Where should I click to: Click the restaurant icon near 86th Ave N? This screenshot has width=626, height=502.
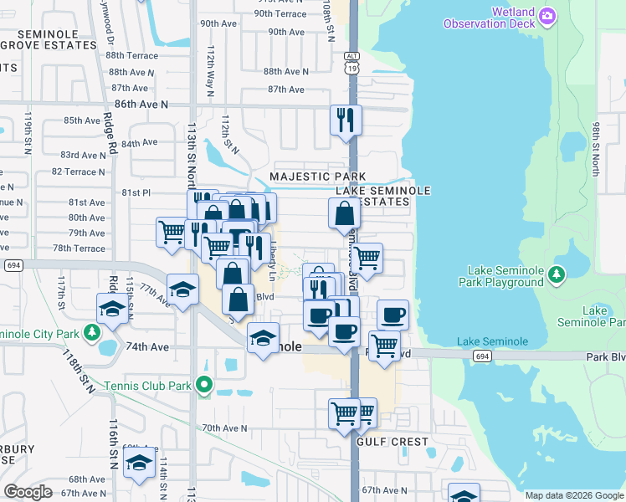point(345,120)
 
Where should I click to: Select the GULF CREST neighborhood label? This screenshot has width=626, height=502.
point(393,441)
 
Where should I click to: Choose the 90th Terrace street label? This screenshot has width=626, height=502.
point(280,13)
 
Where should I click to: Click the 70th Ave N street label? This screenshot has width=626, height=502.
point(225,428)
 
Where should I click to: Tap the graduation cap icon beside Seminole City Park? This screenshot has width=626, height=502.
point(112,309)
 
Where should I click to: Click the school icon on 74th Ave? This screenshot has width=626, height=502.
point(263,338)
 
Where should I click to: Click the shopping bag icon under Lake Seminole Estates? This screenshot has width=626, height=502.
point(344,214)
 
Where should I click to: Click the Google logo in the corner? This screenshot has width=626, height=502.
point(28,492)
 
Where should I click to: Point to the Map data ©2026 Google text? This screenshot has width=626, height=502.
point(573,495)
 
